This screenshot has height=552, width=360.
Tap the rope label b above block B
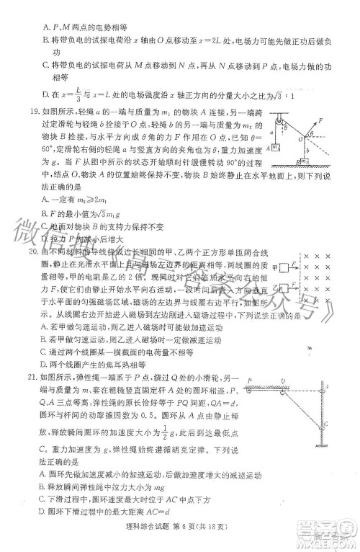click(308, 151)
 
